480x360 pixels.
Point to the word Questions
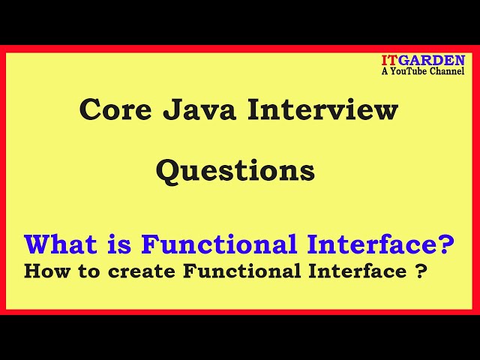235,171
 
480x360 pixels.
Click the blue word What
62,244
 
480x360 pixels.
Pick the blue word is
121,244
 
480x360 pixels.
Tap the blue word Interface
373,244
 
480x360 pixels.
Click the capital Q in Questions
167,171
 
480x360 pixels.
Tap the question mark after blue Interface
448,244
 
